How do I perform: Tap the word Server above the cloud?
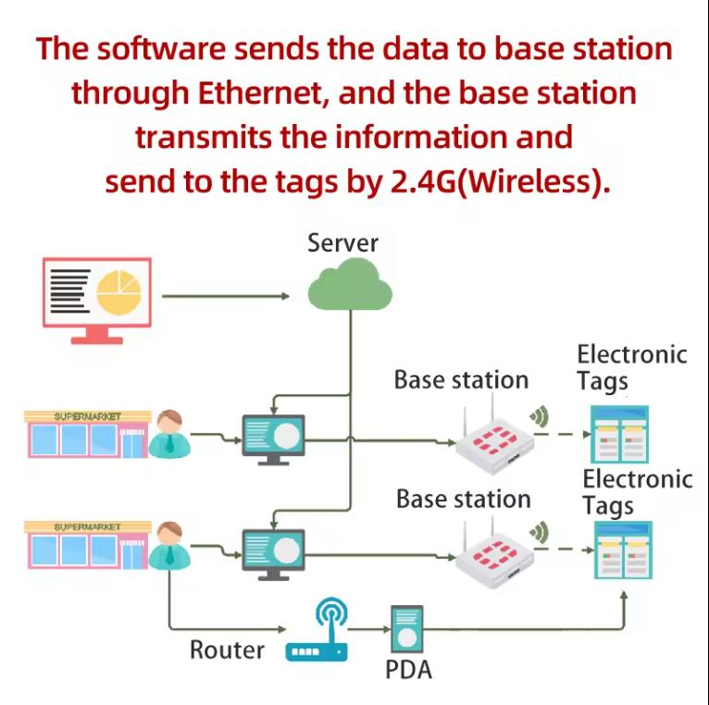click(342, 243)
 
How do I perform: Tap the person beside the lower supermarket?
click(168, 545)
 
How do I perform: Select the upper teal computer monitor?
click(272, 435)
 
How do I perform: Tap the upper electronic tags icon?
click(619, 434)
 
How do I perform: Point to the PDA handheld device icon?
click(406, 631)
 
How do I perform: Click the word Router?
click(227, 649)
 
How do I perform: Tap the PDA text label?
click(408, 670)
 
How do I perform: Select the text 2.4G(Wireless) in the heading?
click(496, 181)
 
